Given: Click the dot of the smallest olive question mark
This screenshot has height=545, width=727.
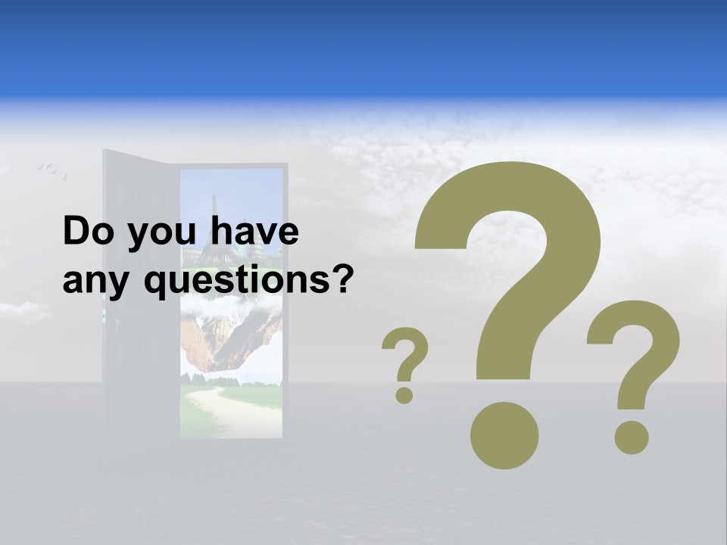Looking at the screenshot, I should click(404, 394).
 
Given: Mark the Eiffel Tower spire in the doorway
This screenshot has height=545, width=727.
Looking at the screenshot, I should click(214, 204).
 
